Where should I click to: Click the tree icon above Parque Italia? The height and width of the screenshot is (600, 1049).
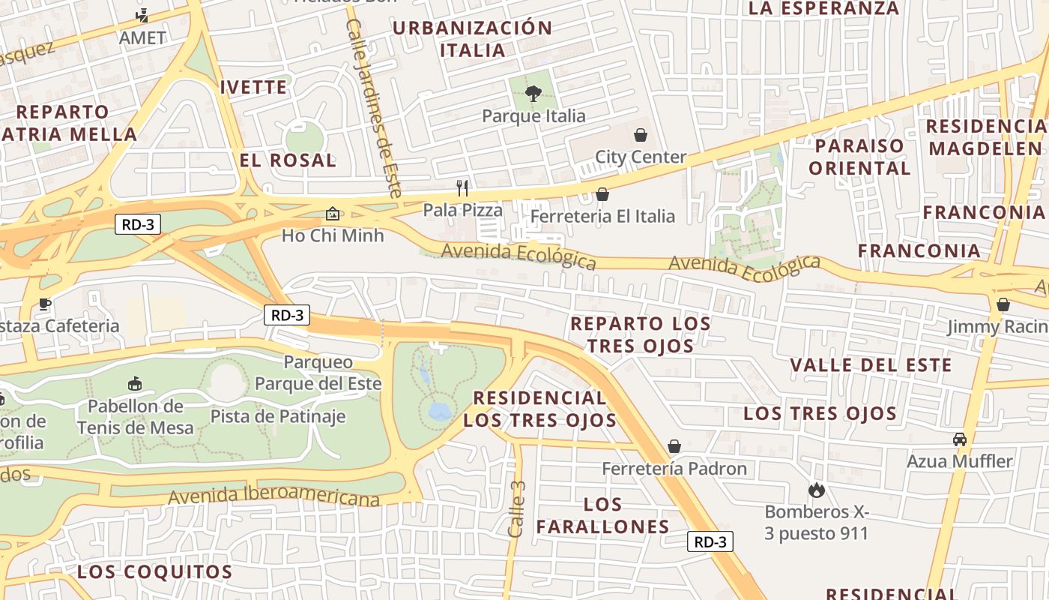[x=533, y=94]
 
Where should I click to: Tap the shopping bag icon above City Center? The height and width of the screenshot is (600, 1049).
[x=641, y=135]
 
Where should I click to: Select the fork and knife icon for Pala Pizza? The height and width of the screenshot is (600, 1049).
[x=462, y=187]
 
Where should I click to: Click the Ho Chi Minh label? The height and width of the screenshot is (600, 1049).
[x=333, y=235]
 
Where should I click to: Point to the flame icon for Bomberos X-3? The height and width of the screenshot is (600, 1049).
[x=816, y=490]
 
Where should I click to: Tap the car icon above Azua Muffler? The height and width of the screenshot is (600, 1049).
[x=959, y=439]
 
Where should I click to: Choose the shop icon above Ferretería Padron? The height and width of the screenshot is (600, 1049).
[x=674, y=446]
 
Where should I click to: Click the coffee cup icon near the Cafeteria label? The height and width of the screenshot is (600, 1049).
[x=45, y=304]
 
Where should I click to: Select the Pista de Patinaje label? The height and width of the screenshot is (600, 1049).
[x=277, y=416]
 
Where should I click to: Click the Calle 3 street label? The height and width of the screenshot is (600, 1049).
[x=516, y=508]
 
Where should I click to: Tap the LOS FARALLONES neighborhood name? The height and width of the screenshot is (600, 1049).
[x=602, y=515]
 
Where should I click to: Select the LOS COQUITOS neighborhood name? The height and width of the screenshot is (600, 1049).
[x=154, y=571]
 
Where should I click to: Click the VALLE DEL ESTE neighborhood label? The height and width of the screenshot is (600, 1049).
[x=871, y=365]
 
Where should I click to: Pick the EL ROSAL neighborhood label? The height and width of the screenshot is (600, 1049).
[x=288, y=160]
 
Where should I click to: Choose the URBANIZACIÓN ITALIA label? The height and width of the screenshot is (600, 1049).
[x=472, y=39]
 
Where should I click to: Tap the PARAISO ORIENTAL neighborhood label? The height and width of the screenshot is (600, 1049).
[x=859, y=156]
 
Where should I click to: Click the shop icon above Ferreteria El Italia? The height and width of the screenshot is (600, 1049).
[x=602, y=195]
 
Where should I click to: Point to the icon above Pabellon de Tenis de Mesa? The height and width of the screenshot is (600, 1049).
[x=135, y=384]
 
